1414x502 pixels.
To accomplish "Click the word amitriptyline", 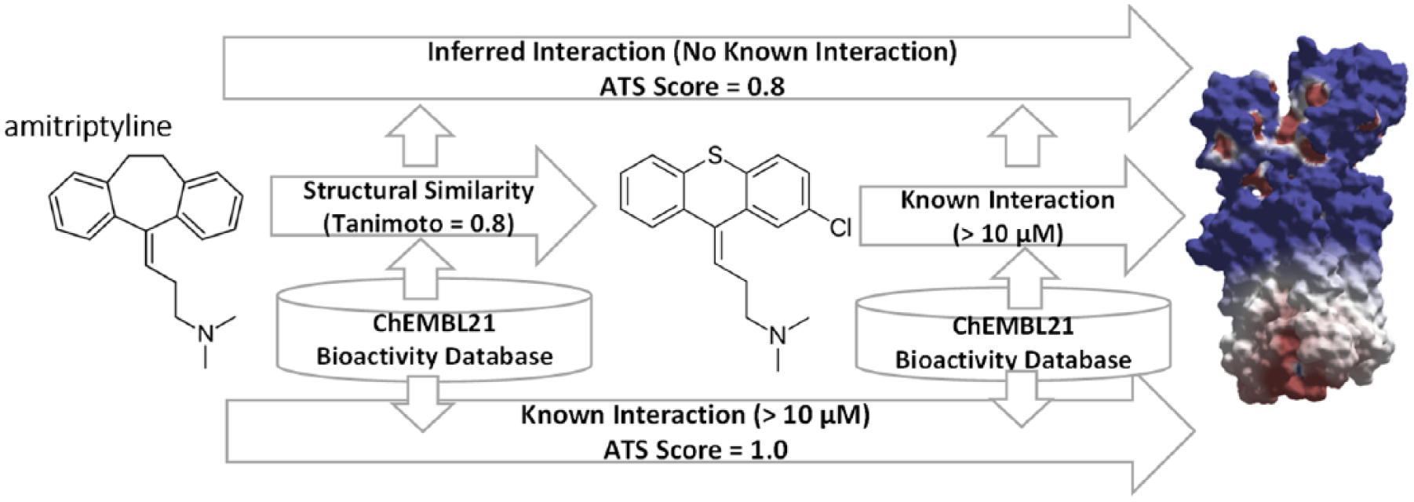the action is pos(88,125).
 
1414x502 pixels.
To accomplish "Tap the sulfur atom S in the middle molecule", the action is pos(713,158).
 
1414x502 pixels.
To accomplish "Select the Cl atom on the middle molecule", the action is pos(840,227).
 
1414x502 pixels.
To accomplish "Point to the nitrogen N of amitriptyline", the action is pos(206,333).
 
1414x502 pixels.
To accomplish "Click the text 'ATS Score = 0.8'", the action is pos(692,85).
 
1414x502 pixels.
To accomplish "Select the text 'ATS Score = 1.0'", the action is pos(695,449).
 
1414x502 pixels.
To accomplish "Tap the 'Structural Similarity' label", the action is pos(418,191).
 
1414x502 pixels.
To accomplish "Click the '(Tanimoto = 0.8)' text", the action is pos(418,224).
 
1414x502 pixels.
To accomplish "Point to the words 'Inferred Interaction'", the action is pos(546,52).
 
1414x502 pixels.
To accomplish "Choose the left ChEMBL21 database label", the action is pos(434,339).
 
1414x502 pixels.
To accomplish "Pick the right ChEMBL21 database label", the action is pos(1013,343).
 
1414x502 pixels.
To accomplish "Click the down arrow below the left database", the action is pos(422,402).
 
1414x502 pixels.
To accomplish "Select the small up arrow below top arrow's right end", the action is pos(1021,135).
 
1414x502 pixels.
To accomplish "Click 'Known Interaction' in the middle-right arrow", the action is pos(1007,200).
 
